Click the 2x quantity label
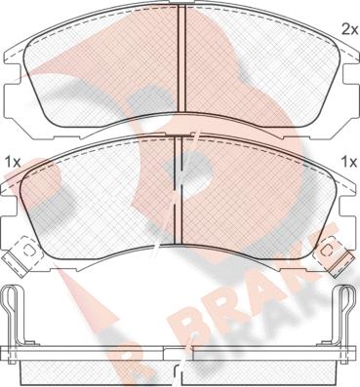click(x=348, y=30)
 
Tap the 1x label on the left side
click(x=13, y=162)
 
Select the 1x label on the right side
click(x=349, y=162)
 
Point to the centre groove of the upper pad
click(x=181, y=59)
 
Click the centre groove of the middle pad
click(x=179, y=190)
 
